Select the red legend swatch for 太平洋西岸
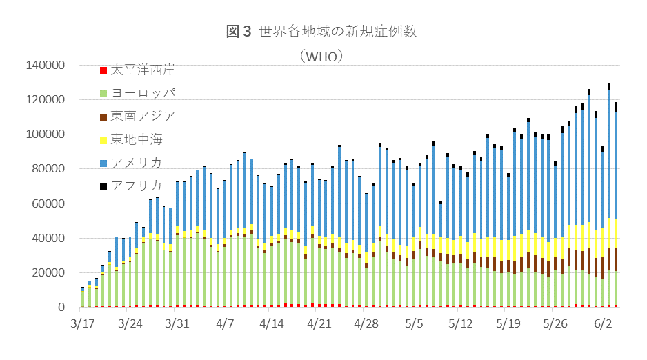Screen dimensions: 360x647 click(103, 70)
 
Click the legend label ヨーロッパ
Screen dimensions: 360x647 click(143, 92)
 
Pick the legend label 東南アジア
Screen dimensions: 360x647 click(143, 115)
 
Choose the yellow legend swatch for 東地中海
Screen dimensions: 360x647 click(103, 139)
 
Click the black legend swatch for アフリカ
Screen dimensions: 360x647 click(103, 186)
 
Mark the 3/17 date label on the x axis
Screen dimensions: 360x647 click(83, 323)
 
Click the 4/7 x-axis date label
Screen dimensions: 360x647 click(226, 323)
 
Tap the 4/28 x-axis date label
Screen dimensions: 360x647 click(366, 323)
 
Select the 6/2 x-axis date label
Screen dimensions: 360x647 click(604, 323)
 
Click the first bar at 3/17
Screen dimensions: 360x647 click(83, 298)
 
